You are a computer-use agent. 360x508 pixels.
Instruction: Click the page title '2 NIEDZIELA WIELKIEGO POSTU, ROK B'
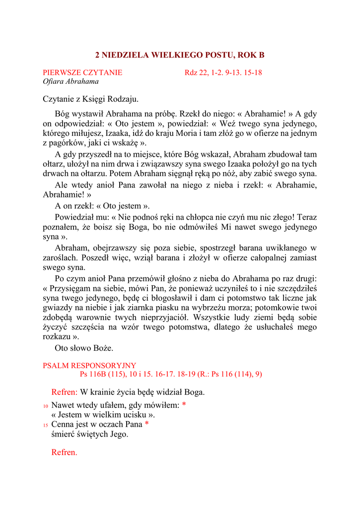pos(180,55)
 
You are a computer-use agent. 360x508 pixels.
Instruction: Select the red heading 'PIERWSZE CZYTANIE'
pos(82,73)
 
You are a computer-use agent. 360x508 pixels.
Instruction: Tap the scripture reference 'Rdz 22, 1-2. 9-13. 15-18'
pos(223,73)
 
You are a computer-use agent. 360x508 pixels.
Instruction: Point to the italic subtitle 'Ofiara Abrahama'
pos(71,81)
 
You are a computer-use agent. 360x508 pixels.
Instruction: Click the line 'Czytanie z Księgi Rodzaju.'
pos(90,99)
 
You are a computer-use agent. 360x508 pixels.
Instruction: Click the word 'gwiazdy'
pos(57,309)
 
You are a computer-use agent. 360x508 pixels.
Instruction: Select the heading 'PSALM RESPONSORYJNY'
pos(89,366)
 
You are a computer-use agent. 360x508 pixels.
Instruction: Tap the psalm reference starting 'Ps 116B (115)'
pos(171,374)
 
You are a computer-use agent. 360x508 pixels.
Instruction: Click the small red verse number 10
pos(46,406)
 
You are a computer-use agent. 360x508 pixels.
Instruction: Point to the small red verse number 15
pos(46,425)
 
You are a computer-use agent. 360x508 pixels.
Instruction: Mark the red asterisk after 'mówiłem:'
pos(184,405)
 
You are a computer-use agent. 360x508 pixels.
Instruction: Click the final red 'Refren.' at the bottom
pos(65,452)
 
